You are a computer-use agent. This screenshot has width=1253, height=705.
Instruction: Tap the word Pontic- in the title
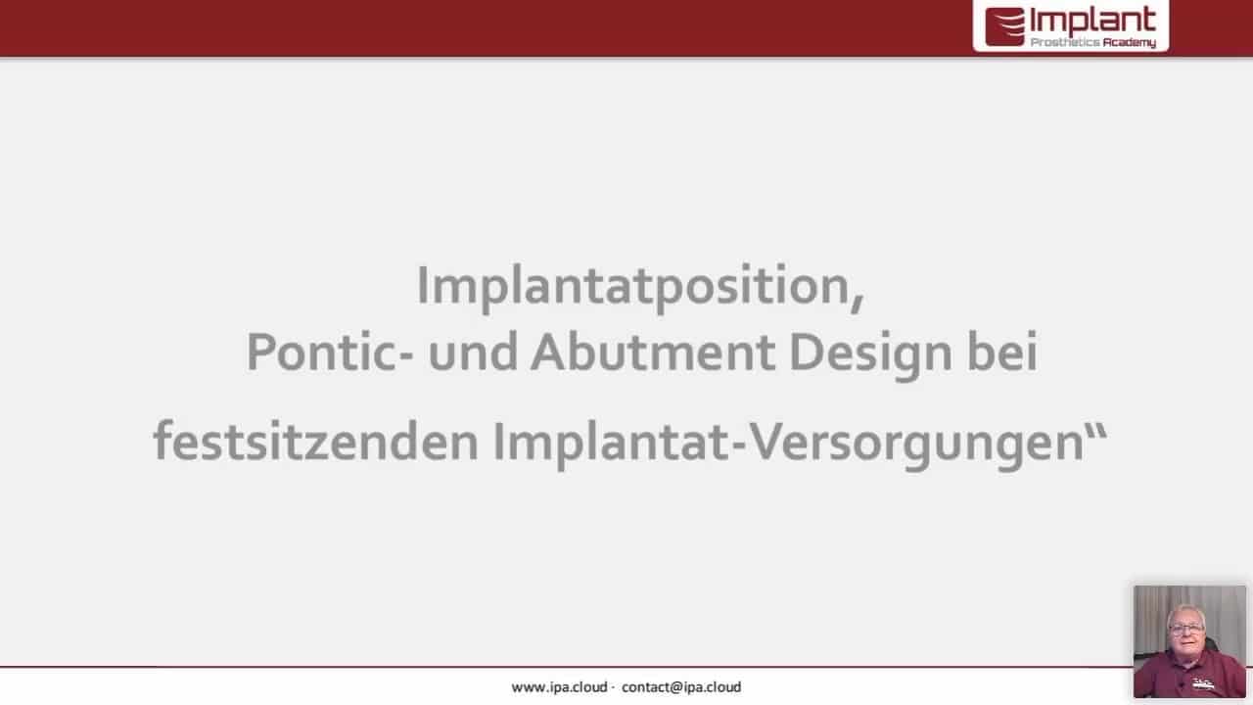click(x=330, y=352)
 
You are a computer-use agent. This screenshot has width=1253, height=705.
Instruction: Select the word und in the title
click(x=473, y=352)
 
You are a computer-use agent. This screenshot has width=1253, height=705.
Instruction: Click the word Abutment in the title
click(x=653, y=352)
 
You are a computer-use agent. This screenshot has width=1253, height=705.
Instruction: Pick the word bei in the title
click(x=1003, y=352)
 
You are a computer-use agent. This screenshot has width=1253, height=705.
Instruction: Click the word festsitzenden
click(x=316, y=441)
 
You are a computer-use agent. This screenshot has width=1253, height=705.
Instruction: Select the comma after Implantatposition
click(x=858, y=304)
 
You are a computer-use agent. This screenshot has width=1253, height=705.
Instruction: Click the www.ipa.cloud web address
click(x=559, y=687)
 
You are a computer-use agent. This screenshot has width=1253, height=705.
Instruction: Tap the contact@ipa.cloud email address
click(x=681, y=687)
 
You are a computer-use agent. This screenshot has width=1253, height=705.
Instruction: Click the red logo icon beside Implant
click(x=1004, y=26)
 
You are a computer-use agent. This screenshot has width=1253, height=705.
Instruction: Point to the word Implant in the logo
click(x=1093, y=22)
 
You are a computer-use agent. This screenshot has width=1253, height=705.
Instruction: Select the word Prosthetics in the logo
click(x=1065, y=42)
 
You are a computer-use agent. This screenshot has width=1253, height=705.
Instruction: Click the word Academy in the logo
click(x=1130, y=43)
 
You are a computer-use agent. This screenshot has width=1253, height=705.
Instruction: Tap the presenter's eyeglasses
click(x=1185, y=629)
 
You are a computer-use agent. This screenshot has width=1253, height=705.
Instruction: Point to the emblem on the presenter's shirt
click(x=1204, y=683)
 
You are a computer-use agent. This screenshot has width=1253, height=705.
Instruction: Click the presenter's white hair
click(x=1185, y=610)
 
